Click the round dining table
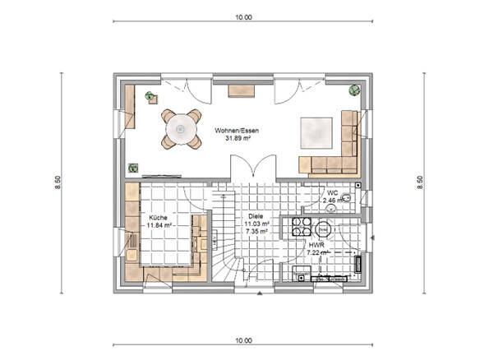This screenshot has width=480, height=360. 181,129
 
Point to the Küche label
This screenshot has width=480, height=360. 158,216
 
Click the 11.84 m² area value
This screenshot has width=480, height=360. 158,224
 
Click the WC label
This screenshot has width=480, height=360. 330,192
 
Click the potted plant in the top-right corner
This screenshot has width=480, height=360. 353,90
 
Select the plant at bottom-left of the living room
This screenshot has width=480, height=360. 132,167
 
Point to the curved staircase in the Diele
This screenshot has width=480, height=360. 225,247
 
